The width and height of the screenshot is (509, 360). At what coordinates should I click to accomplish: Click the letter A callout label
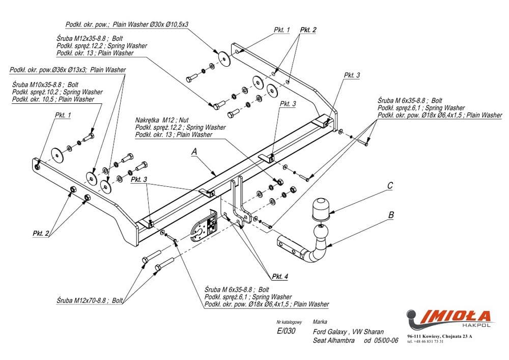tap(194, 152)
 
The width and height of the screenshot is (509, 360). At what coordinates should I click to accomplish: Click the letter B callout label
tap(391, 215)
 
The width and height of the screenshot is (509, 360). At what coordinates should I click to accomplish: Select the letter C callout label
tap(390, 186)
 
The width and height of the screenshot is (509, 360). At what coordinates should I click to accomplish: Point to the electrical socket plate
tap(205, 226)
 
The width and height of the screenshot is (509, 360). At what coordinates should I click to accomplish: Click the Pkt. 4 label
tap(280, 276)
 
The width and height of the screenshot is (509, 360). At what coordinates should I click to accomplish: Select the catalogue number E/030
tap(286, 331)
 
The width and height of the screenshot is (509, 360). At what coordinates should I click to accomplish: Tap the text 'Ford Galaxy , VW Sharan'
tap(348, 332)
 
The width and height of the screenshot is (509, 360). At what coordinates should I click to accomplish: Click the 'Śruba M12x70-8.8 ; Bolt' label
tap(90, 300)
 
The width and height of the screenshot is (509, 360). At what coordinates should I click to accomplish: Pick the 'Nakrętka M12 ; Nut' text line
tap(162, 120)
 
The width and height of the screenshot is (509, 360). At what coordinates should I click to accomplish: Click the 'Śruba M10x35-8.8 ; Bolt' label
tap(45, 85)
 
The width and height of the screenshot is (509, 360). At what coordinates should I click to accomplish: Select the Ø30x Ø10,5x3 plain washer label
tap(127, 24)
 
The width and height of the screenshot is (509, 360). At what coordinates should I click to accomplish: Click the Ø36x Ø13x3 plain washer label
tap(68, 70)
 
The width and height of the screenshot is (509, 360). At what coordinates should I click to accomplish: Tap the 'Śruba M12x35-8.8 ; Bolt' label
tap(90, 38)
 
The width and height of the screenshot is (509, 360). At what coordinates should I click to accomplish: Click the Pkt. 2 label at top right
tap(308, 30)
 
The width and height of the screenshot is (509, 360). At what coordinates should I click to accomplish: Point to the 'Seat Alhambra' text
tap(334, 341)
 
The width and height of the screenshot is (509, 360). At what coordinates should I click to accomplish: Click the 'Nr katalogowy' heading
tap(289, 322)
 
